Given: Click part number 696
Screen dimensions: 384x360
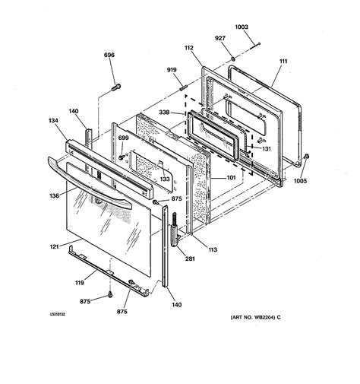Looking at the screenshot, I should [109, 56].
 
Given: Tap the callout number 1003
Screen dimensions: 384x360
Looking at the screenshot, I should [241, 27].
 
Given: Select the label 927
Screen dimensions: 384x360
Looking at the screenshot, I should [221, 39].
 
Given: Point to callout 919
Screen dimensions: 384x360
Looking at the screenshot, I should [173, 71].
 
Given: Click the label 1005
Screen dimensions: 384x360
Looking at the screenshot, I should [302, 180].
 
